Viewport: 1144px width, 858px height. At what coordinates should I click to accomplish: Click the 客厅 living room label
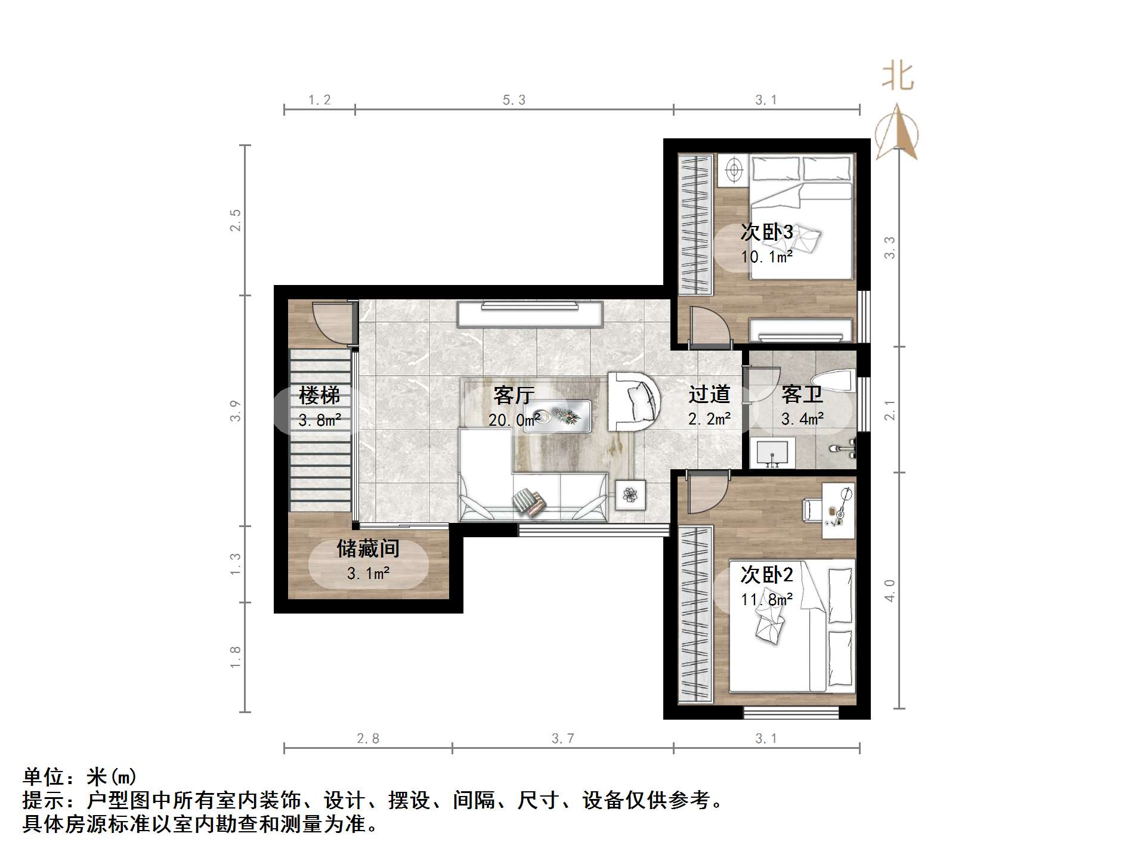click(513, 395)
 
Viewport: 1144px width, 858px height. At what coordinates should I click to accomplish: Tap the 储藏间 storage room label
click(367, 549)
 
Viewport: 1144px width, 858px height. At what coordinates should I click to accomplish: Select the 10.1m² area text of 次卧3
click(766, 257)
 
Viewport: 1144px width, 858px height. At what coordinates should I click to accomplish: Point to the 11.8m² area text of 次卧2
click(766, 599)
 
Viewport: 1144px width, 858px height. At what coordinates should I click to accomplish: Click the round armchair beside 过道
click(633, 401)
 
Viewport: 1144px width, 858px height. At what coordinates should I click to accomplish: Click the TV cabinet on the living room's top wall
click(530, 314)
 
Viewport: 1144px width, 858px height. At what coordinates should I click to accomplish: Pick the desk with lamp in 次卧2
click(838, 510)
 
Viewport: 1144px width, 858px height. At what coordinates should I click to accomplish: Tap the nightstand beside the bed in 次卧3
click(732, 169)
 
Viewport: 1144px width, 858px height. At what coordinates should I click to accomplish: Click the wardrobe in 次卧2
click(695, 614)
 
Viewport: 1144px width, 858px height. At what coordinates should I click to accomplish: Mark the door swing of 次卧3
click(709, 326)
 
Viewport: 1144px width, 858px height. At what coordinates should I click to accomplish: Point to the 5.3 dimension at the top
click(514, 100)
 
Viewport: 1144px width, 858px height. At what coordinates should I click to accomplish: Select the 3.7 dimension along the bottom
click(562, 739)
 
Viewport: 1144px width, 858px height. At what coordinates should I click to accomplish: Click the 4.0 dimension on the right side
click(889, 590)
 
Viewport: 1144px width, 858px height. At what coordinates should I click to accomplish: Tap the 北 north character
click(898, 77)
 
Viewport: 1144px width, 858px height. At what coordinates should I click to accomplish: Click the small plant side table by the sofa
click(630, 494)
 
